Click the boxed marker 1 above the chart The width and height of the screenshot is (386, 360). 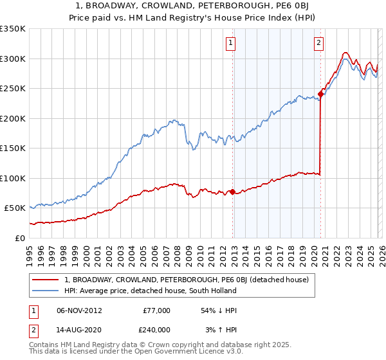click(230, 43)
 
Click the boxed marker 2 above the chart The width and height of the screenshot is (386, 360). click(318, 43)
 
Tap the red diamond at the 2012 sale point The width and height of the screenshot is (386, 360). click(232, 192)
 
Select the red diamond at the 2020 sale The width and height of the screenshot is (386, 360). click(320, 94)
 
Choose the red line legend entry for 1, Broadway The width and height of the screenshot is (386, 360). click(187, 280)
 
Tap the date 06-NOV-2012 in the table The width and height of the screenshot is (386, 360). click(79, 310)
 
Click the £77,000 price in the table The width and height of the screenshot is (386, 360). click(156, 310)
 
